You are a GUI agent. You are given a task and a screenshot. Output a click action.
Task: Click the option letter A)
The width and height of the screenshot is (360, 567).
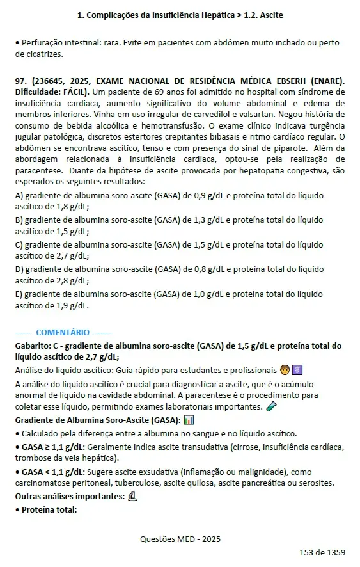click(19, 195)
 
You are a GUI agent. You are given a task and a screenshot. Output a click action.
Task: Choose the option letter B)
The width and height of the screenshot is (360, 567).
click(19, 220)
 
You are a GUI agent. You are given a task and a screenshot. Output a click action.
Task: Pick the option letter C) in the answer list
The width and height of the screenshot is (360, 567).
click(19, 244)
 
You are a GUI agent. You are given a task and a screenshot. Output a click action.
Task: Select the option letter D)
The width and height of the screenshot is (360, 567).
click(19, 269)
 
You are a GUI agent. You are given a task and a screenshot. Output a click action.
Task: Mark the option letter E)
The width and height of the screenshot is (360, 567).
click(19, 293)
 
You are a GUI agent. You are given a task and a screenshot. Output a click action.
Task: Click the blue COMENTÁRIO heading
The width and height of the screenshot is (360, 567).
click(63, 332)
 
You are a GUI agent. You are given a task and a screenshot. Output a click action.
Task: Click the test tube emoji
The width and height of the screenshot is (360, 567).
click(271, 406)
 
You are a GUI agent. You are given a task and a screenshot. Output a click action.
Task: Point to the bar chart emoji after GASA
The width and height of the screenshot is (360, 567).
click(189, 420)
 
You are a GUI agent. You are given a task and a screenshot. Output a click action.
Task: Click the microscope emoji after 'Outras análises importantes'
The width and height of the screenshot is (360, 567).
click(133, 496)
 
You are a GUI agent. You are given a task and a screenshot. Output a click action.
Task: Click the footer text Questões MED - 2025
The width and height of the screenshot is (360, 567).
click(180, 539)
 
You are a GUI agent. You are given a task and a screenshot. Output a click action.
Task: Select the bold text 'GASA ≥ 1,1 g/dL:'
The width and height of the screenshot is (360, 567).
click(54, 446)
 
